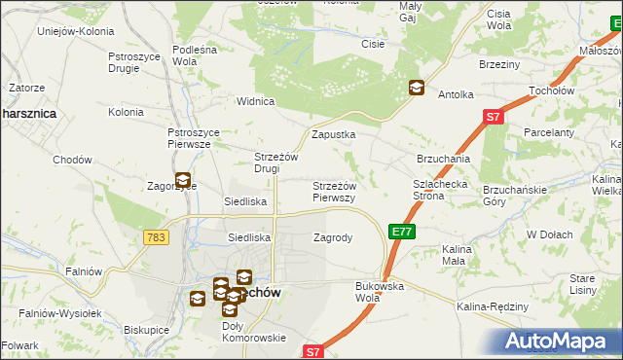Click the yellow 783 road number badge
pyautogui.click(x=154, y=237)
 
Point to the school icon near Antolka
pyautogui.click(x=416, y=88)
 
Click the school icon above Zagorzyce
pyautogui.click(x=182, y=179)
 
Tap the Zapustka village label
pyautogui.click(x=333, y=135)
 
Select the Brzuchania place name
pyautogui.click(x=444, y=159)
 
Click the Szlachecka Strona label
pyautogui.click(x=442, y=189)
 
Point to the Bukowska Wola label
pyautogui.click(x=380, y=291)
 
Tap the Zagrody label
pyautogui.click(x=333, y=236)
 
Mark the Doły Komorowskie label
pyautogui.click(x=253, y=332)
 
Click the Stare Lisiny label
pyautogui.click(x=582, y=283)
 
